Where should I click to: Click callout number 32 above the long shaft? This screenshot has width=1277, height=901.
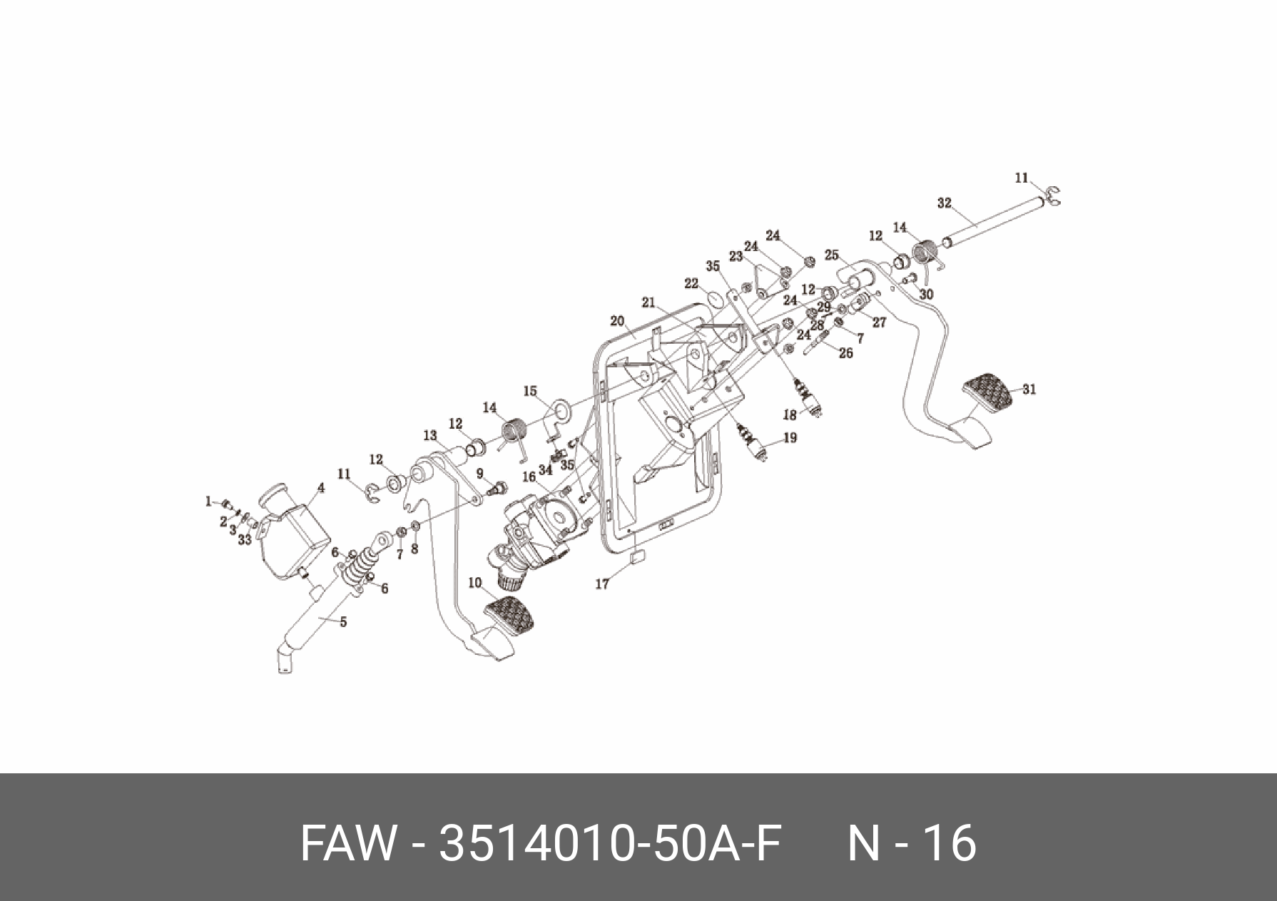coord(944,203)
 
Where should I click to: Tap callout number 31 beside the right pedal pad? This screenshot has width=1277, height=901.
coord(1029,390)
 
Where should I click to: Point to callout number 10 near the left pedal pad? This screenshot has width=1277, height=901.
coord(475,583)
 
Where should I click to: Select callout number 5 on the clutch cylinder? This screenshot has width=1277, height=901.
coord(343,622)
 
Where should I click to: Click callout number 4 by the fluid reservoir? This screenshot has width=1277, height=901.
coord(321,488)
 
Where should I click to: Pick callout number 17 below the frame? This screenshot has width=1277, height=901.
coord(602,584)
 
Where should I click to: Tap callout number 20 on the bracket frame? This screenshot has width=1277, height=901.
coord(617,320)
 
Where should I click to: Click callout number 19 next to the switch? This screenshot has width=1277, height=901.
coord(790,438)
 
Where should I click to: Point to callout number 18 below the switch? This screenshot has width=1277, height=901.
coord(789,414)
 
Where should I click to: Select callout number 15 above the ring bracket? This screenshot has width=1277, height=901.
coord(530,391)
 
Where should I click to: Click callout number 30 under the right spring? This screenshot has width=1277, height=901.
coord(926,294)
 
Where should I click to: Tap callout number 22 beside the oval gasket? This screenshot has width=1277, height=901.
coord(691,284)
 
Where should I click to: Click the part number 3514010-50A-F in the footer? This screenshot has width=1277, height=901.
coord(611,843)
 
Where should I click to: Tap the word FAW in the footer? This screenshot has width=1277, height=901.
coord(347,843)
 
